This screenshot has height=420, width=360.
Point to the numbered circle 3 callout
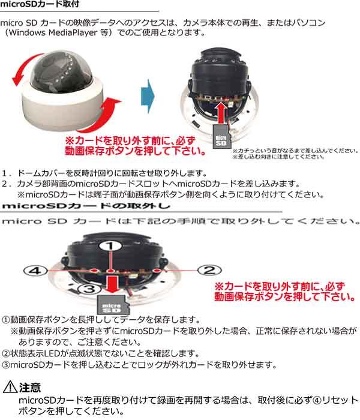click(87, 290)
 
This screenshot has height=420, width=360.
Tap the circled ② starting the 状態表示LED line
click(6, 353)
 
